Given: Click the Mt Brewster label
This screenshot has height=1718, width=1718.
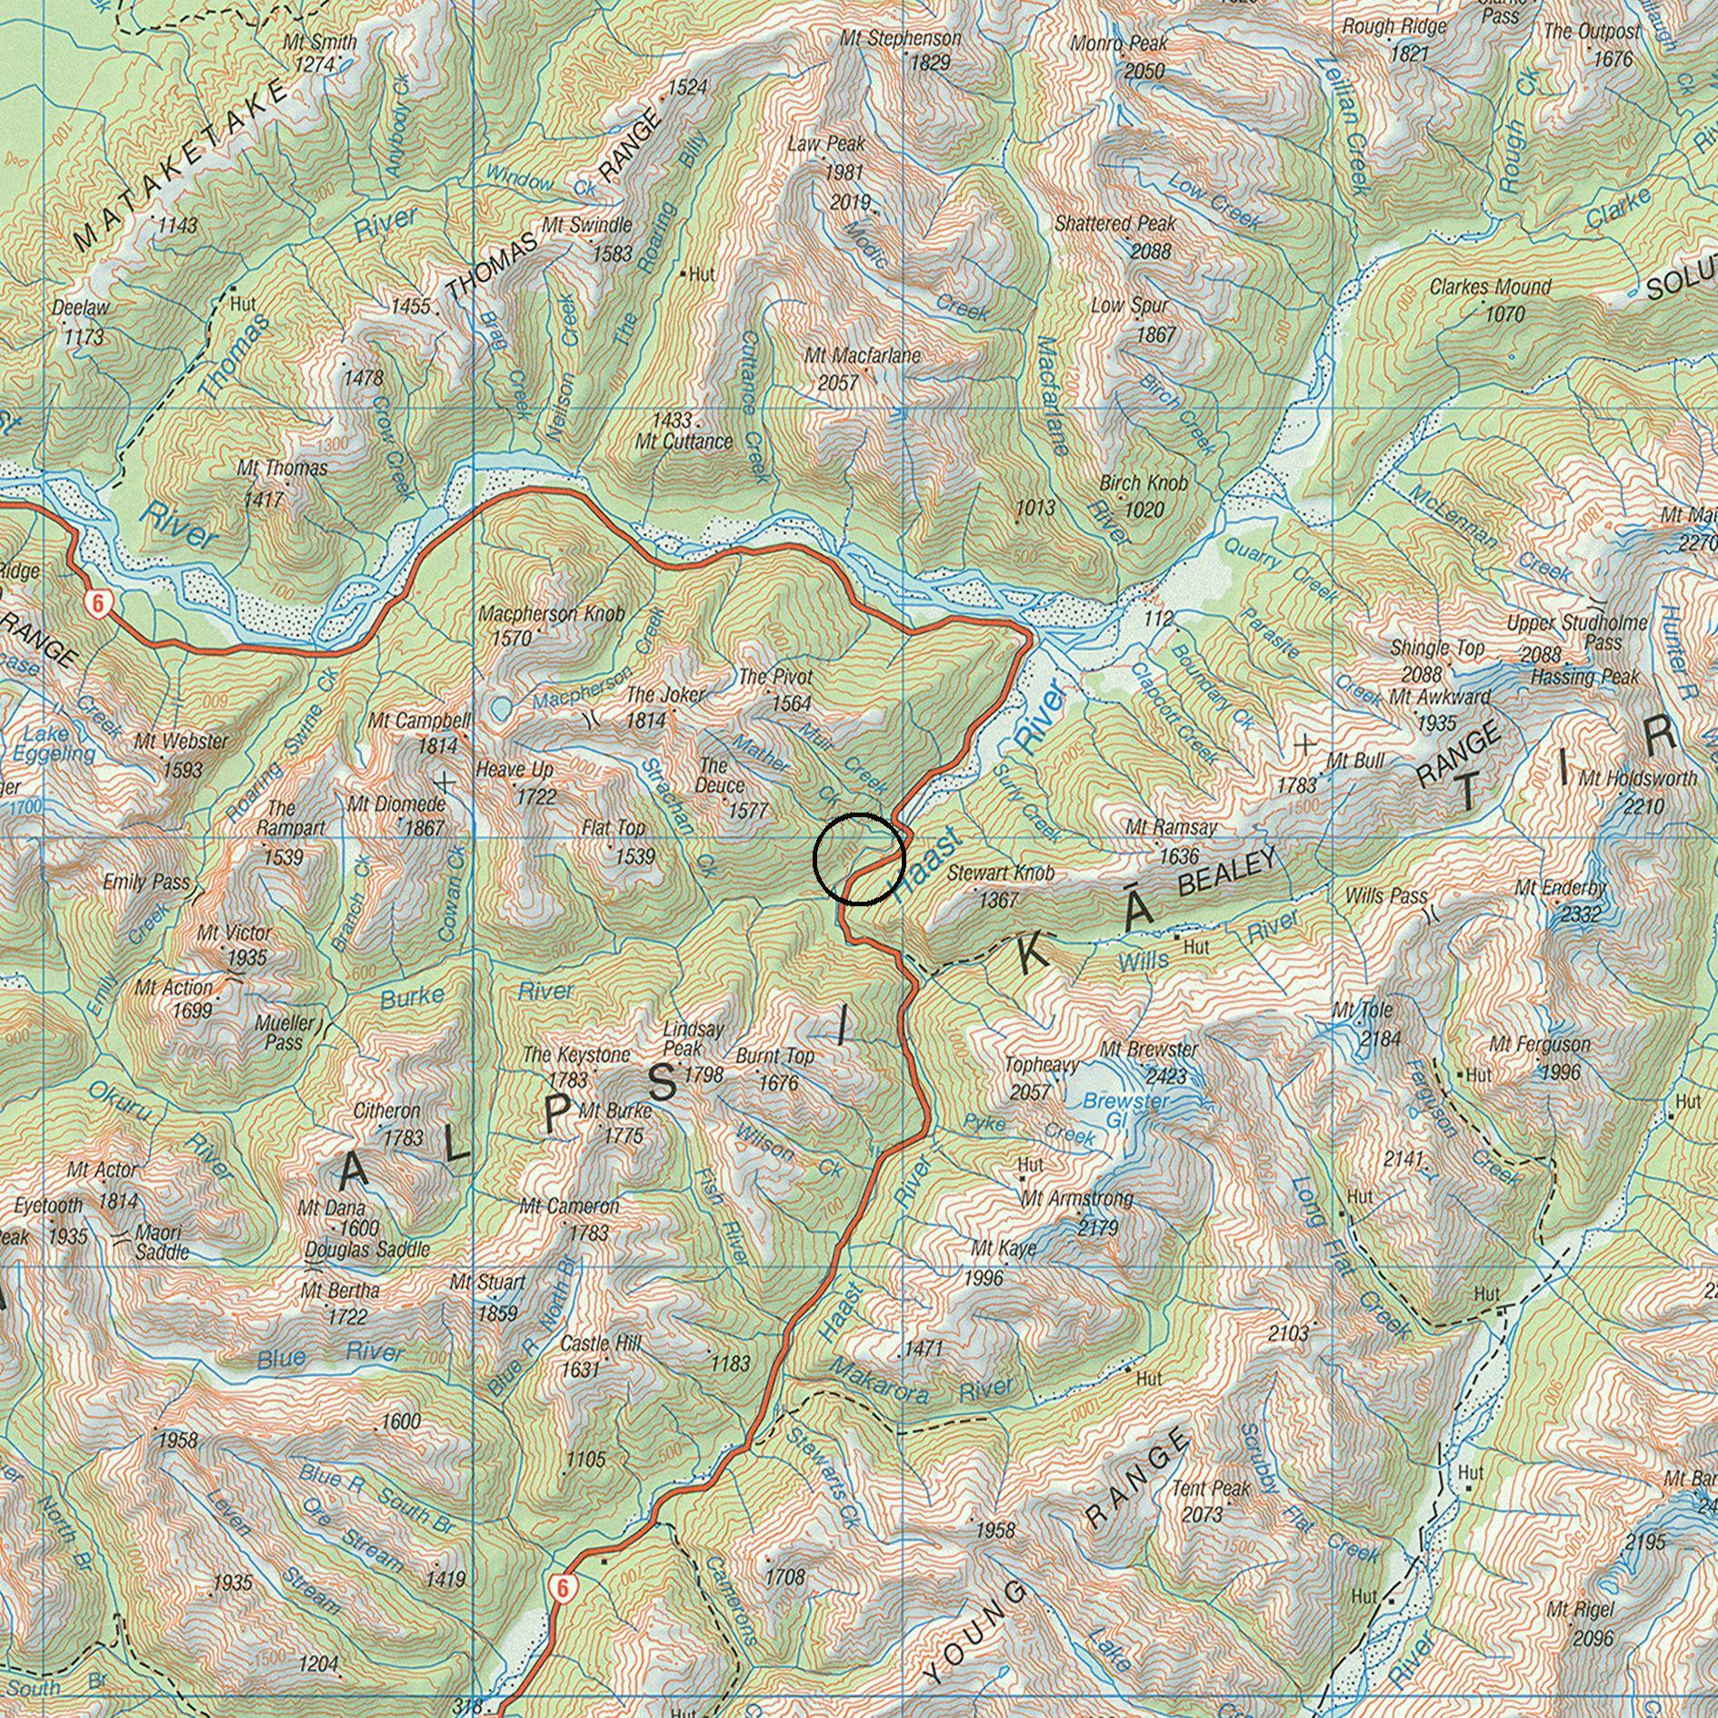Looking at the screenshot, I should (1148, 1049).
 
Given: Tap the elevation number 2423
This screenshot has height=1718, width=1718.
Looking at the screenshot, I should (1166, 1076).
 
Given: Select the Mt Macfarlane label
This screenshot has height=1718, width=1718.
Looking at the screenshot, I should (863, 356).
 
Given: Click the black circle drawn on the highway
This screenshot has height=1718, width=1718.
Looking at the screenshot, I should (859, 859).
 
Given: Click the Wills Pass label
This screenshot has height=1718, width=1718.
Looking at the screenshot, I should (1386, 896).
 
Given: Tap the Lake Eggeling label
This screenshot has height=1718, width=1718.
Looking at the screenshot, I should (54, 744).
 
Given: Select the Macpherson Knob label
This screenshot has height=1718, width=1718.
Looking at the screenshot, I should (552, 614).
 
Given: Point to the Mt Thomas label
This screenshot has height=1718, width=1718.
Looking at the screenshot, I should (282, 468).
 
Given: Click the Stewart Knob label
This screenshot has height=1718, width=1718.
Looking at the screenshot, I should (1001, 873).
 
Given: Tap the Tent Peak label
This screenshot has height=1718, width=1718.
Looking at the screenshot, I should (1211, 1489).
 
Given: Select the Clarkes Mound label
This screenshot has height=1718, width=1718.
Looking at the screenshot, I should (1490, 287).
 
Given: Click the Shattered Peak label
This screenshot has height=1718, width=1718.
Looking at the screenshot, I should (1115, 224).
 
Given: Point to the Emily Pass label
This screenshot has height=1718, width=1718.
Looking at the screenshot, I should (146, 881).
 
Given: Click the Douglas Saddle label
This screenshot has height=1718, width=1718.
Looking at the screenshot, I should (366, 1250).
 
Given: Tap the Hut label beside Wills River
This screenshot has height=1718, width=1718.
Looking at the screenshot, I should (1196, 947).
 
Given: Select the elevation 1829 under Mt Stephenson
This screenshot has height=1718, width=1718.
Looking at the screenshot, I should (929, 63).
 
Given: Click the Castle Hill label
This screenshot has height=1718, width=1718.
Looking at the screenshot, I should (601, 1343).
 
